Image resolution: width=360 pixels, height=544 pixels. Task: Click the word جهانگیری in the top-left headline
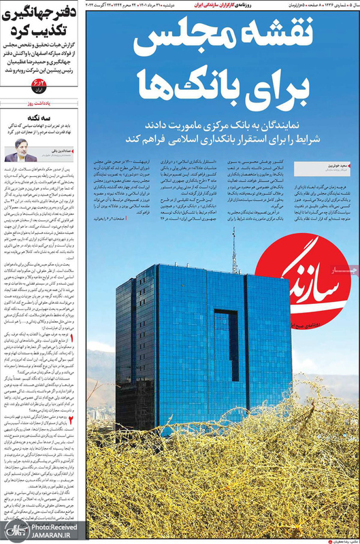click(x=35, y=14)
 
